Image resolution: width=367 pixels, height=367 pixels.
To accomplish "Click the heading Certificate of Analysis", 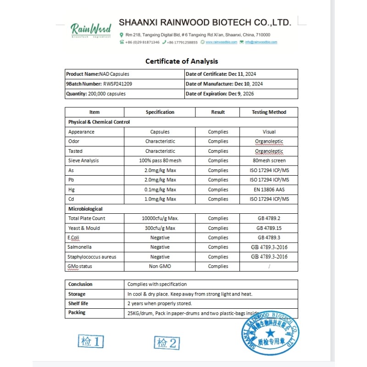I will coord(182,61).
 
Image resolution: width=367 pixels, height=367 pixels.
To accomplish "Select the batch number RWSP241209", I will coord(117,84).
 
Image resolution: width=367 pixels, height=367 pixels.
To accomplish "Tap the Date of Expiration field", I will coord(219,94).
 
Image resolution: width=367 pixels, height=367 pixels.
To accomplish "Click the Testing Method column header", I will coord(269,112).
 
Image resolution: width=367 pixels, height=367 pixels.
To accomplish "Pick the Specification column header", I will coord(160,112).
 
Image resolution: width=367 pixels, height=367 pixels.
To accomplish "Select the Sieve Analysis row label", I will coord(83,161).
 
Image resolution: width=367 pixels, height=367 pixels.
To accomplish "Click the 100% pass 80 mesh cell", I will coord(160,161).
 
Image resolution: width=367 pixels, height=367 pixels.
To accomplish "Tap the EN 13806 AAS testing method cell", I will coord(269,189).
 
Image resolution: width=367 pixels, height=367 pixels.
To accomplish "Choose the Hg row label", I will coord(71,189).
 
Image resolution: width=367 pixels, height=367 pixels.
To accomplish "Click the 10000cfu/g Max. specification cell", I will coord(160,218).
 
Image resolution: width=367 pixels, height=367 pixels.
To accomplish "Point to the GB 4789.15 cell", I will coord(269,228).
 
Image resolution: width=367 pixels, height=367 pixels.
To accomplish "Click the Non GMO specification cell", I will coord(160,266).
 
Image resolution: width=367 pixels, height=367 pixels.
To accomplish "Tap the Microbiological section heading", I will coord(85,209).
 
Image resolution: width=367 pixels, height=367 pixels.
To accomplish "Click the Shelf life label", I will coord(78,303).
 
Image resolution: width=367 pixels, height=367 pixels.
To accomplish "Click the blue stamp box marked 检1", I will coord(91,341).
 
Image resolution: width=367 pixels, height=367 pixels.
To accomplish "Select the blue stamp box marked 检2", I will coord(166,342).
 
